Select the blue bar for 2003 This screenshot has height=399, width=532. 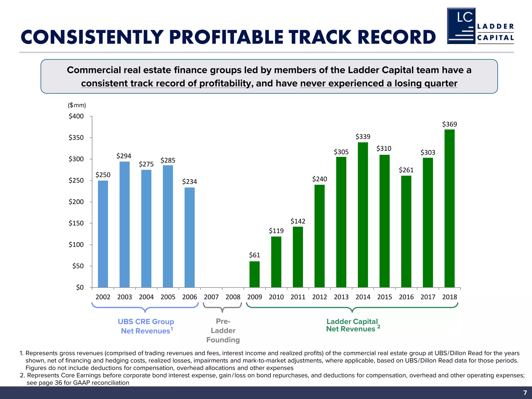[x=124, y=224]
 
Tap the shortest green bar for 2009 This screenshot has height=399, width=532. [x=254, y=274]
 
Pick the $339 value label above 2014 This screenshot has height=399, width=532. [x=363, y=137]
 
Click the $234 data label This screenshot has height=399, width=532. [x=189, y=182]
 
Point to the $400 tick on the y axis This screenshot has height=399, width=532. [x=76, y=116]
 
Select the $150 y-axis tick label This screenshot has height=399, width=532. [x=76, y=223]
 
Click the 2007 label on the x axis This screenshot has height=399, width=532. [x=211, y=297]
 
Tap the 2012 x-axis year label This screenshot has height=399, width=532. [x=320, y=297]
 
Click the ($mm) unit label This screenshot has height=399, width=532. [x=77, y=105]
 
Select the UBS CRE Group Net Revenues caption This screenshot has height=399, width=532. [x=145, y=326]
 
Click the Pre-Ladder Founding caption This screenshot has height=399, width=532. [x=223, y=331]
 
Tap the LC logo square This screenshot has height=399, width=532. [x=461, y=26]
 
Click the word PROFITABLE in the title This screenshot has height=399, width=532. [x=226, y=37]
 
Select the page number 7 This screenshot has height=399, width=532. [x=525, y=393]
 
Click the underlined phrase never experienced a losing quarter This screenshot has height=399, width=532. [x=378, y=83]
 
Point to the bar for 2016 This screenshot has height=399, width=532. [x=406, y=231]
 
